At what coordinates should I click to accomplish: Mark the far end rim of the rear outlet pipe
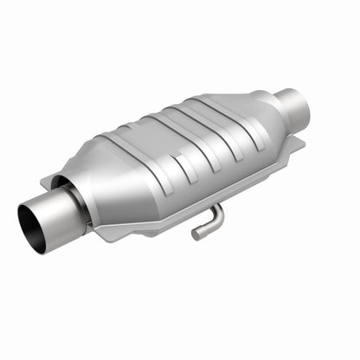(303, 103)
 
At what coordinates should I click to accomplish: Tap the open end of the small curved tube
(196, 235)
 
